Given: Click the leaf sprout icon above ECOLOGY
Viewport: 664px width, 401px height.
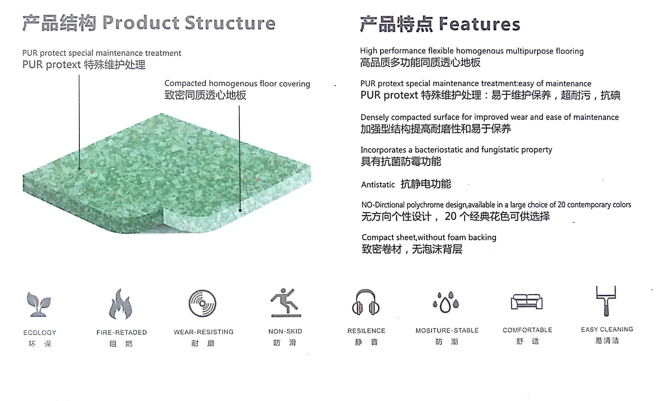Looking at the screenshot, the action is (x=39, y=304).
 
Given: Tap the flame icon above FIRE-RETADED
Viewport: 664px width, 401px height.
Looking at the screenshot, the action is (x=121, y=304).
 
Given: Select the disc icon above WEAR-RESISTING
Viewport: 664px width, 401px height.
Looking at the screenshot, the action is (x=202, y=303).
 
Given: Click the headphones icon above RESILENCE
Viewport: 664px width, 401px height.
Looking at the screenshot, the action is (x=366, y=302).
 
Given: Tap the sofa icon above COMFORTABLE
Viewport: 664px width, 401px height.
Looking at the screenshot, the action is (x=527, y=301).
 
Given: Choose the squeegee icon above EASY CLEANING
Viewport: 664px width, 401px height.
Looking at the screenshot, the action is (x=606, y=301).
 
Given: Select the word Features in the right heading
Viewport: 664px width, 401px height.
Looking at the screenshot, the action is (x=479, y=24).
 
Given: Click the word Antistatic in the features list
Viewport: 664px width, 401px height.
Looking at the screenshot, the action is (x=378, y=185).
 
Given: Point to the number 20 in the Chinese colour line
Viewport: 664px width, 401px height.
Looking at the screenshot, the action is (x=451, y=216).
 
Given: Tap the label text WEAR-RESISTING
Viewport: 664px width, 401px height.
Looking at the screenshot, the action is (x=203, y=332).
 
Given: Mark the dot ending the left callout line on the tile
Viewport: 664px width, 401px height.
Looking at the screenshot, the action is (x=80, y=169).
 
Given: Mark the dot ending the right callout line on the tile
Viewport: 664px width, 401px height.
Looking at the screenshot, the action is (x=240, y=210).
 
